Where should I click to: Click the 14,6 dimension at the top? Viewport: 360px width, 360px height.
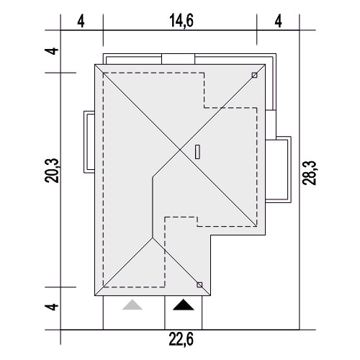coord(181,21)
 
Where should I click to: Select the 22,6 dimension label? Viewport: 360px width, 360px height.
coord(181,339)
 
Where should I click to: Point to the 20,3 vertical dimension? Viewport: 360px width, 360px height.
coord(52,171)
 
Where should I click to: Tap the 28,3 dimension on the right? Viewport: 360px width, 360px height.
coord(310,173)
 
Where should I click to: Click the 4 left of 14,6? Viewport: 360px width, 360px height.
coord(81,22)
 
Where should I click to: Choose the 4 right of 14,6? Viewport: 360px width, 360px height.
coord(278,21)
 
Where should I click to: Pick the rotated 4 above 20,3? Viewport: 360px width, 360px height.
coord(52,51)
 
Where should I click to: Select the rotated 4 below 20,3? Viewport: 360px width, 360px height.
coord(52,307)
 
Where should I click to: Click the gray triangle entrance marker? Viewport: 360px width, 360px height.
coord(132,305)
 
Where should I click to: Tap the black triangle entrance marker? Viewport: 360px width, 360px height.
coord(184,305)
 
